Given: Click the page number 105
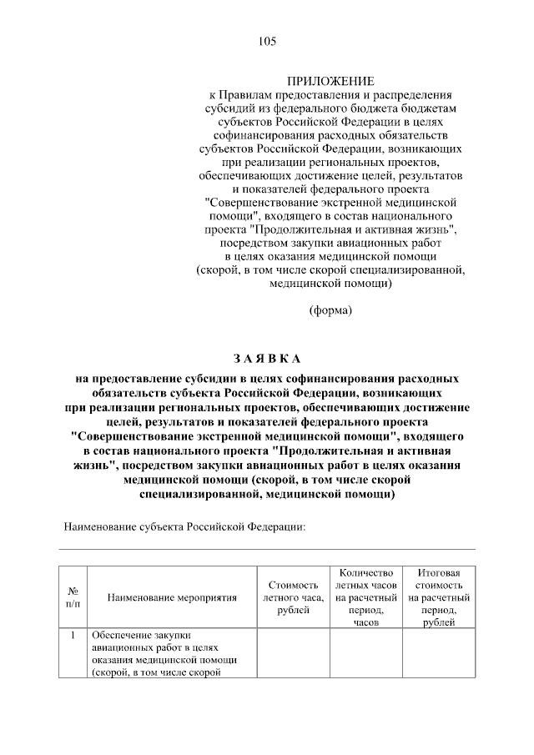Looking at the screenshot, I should (267, 41).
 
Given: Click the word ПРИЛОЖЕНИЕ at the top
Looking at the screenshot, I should (331, 81).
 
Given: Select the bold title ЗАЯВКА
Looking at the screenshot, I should (266, 359).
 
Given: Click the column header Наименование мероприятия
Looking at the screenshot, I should (172, 597).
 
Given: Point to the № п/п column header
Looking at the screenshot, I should (73, 597).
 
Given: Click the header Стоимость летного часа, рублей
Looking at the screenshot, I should (291, 598).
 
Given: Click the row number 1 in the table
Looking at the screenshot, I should (73, 635).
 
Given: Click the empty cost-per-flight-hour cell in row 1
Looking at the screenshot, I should (291, 655).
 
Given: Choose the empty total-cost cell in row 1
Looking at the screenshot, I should (439, 655).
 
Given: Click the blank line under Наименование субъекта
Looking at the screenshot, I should (267, 548).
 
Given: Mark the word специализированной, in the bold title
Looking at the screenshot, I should (199, 494).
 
